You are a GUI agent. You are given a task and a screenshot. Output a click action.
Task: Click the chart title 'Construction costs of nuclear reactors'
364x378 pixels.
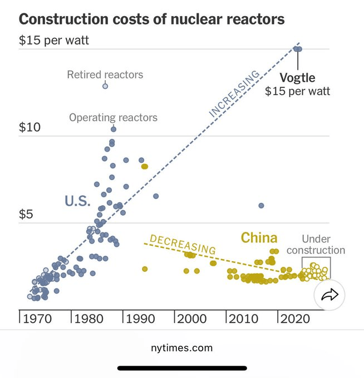point(152,19)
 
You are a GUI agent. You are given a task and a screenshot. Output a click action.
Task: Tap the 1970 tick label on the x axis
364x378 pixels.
point(38,320)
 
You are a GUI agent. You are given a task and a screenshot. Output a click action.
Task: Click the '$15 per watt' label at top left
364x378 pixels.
point(53,41)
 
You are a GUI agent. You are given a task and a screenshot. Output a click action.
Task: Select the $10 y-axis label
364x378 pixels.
point(31,127)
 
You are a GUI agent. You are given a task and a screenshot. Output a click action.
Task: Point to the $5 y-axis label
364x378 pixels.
point(28,214)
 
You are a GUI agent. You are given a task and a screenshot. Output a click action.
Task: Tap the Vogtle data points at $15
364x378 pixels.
point(298,49)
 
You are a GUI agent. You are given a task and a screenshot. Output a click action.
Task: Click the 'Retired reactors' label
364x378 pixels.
point(105,74)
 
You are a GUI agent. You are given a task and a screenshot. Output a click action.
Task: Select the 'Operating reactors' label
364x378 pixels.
point(113,117)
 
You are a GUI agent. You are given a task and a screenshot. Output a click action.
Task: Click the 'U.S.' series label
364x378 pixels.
point(77,201)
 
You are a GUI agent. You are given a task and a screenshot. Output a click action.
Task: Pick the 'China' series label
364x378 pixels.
point(259,238)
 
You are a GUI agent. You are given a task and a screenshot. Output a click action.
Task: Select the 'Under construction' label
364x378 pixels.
point(316,245)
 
